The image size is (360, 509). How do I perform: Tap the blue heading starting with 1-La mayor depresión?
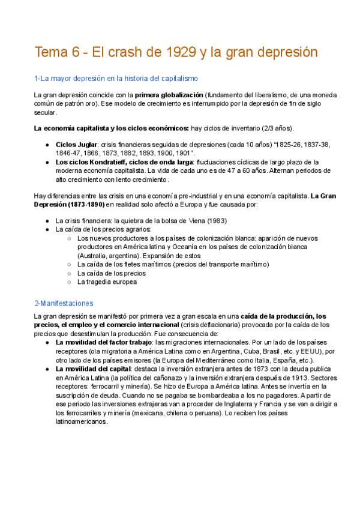[x=116, y=79]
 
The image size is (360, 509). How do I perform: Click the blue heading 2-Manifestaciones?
[x=64, y=303]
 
